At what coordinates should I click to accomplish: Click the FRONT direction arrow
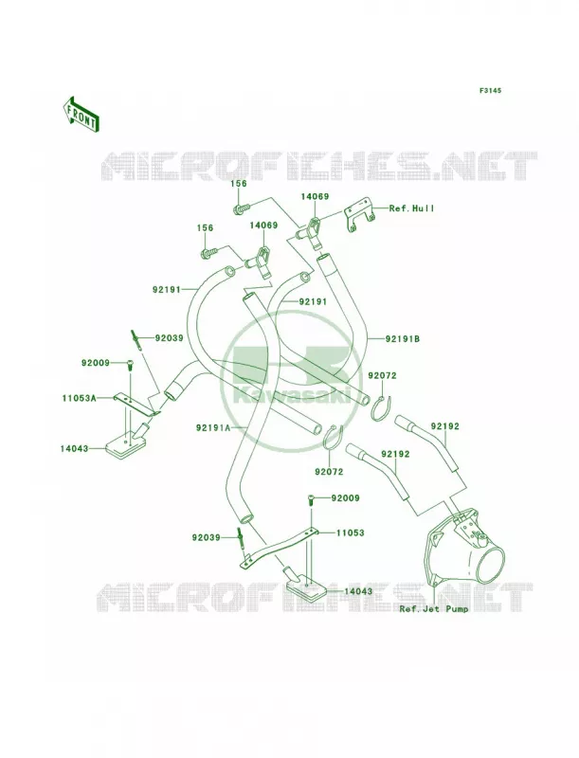coord(81,114)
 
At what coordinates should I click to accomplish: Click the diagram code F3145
coord(490,90)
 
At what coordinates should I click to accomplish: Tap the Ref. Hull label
coord(412,208)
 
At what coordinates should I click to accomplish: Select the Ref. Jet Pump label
coord(433,608)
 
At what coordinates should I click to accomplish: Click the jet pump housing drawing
coord(461,548)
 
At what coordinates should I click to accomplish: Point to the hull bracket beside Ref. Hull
coord(360,218)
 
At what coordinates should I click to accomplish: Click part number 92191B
coord(402,339)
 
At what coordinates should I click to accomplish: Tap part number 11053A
coord(80,398)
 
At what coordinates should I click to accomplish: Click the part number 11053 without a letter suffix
coord(351,532)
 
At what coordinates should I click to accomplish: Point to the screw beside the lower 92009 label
coord(310,500)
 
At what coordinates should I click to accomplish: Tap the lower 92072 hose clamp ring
coord(332,437)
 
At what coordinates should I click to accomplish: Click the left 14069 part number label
coord(263,226)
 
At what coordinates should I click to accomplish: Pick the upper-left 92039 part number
coord(170,338)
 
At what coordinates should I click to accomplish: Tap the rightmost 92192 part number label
coord(445,426)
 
